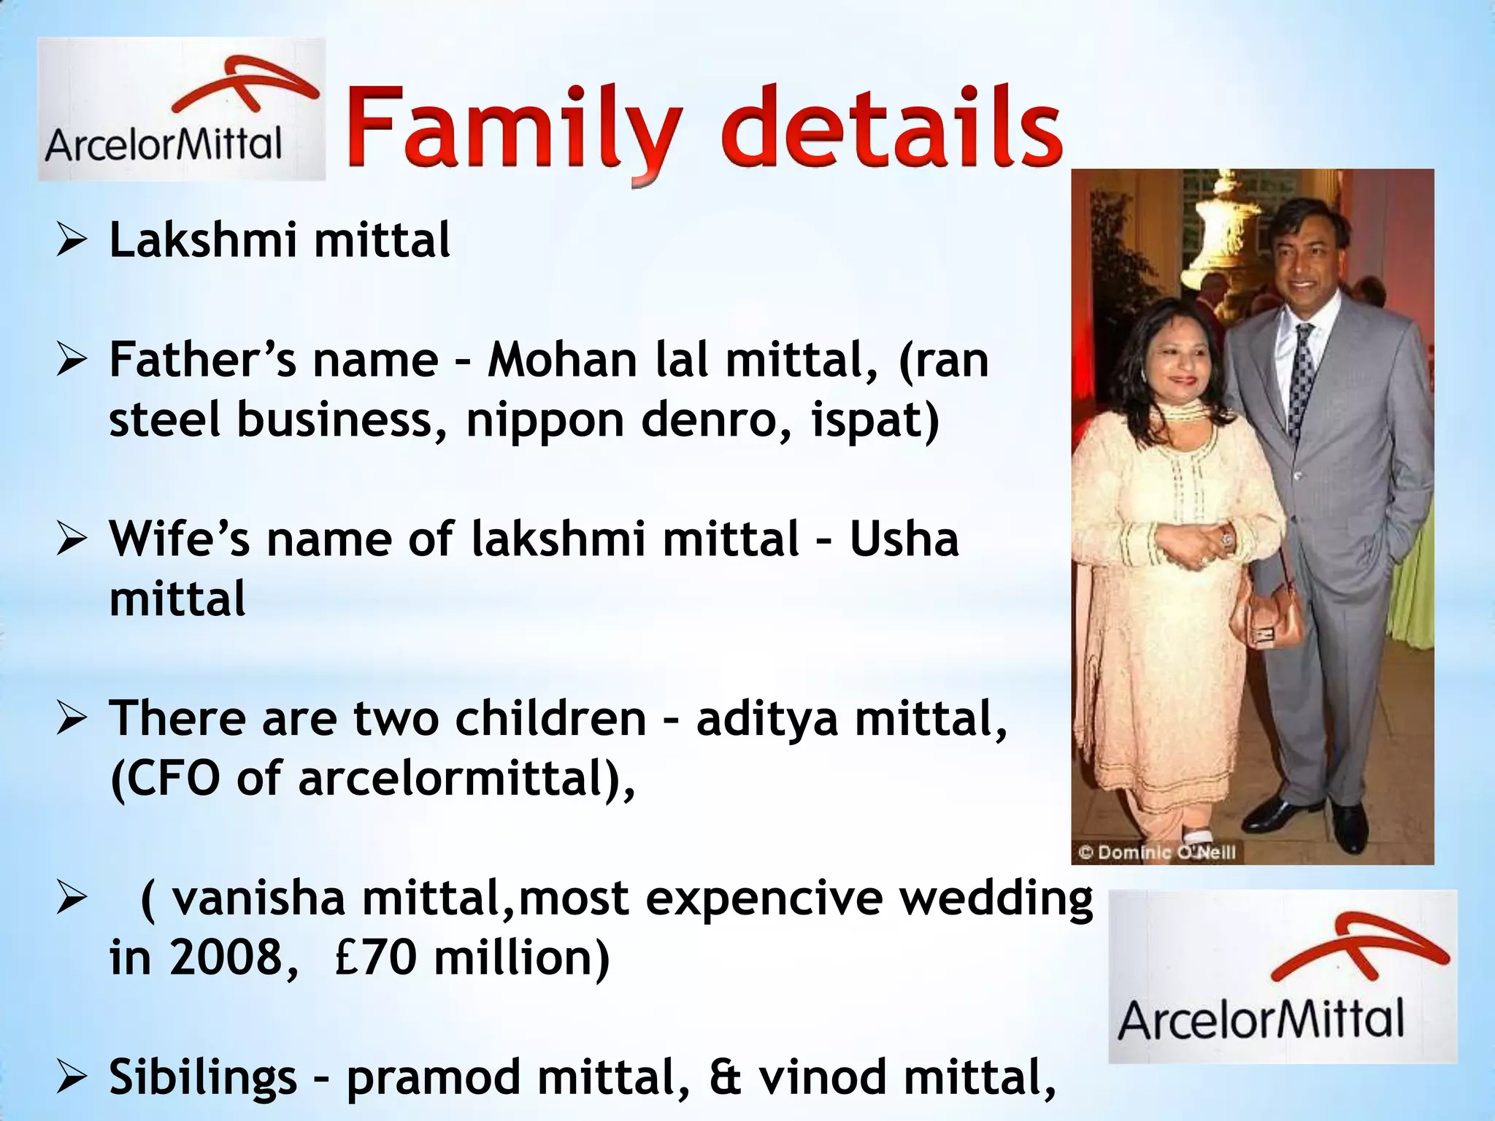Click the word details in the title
[x=892, y=131]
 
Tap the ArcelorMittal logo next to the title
[x=181, y=109]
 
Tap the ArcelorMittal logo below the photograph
[x=1283, y=976]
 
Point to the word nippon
[x=545, y=422]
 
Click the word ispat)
[x=875, y=422]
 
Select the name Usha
[x=904, y=539]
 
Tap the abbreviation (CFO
[x=165, y=778]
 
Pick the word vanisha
[x=258, y=898]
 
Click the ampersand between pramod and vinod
[x=724, y=1077]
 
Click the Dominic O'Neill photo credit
[x=1158, y=852]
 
